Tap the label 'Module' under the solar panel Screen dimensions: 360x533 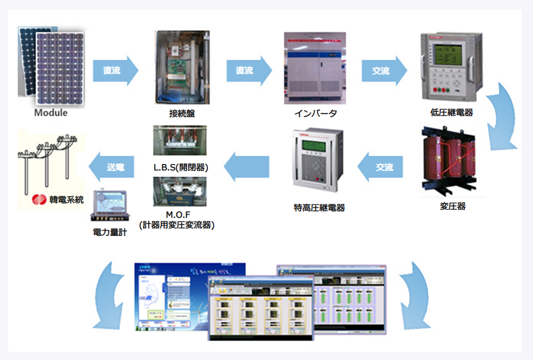(x=51, y=113)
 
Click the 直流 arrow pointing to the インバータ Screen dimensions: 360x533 (x=248, y=70)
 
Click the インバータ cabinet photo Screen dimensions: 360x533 (x=314, y=69)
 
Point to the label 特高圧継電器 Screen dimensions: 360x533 (x=319, y=208)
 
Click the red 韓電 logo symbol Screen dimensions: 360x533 (x=39, y=200)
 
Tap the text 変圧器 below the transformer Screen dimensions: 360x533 (x=453, y=206)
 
